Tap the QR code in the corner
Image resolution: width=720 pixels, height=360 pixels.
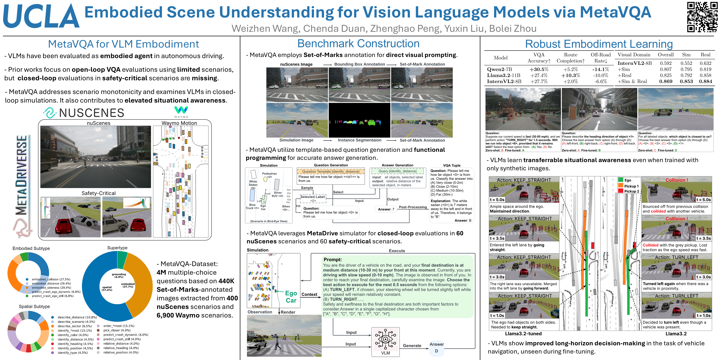702,17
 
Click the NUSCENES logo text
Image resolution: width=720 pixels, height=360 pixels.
91,113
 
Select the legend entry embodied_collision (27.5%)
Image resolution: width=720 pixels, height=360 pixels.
51,279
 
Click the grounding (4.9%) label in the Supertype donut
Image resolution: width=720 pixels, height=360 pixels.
119,276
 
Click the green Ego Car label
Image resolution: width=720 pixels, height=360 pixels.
291,297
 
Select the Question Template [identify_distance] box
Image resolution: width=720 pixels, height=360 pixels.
331,171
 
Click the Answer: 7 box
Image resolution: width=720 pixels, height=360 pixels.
386,209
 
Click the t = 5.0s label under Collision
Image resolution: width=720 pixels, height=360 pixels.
703,200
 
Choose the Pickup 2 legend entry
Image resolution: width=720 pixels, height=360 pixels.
631,191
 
